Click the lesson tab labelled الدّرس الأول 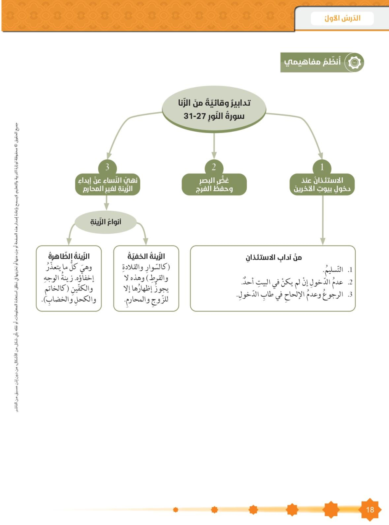(342, 19)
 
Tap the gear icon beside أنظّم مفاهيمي (353, 62)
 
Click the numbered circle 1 (322, 167)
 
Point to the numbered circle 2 (214, 167)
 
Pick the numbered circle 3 (107, 167)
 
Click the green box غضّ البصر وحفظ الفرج (214, 185)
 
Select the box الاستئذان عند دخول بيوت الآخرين (322, 185)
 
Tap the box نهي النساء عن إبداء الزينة (107, 185)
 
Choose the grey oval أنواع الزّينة (106, 222)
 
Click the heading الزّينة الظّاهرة (69, 257)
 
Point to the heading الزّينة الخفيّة (146, 257)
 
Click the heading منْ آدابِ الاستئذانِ (273, 258)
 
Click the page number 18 (370, 509)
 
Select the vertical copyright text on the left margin (16, 267)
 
